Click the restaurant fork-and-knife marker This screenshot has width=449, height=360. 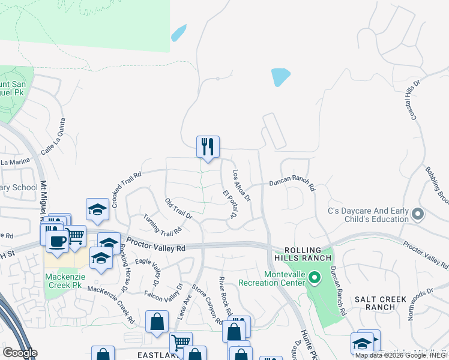point(208,146)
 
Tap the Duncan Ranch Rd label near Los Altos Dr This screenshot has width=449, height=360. point(292,182)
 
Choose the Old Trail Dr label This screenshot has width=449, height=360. point(178,208)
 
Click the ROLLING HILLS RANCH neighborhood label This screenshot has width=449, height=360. point(307,254)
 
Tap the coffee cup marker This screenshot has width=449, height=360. point(57,241)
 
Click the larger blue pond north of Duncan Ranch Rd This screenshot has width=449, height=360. point(280,77)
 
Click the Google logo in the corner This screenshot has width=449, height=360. point(20,353)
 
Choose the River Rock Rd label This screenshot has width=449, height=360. point(225,296)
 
